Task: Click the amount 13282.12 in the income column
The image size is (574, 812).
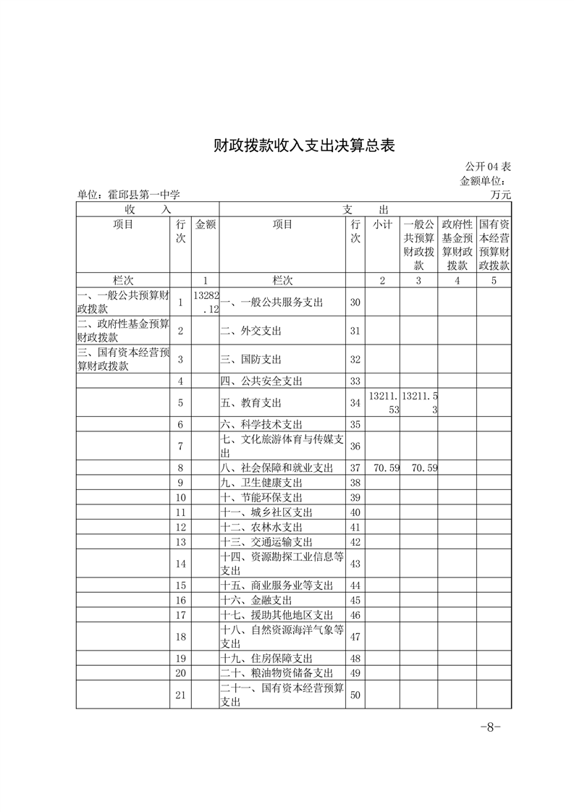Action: click(x=206, y=303)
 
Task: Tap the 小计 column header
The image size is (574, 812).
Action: click(x=383, y=225)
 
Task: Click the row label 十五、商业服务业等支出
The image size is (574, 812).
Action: click(x=277, y=585)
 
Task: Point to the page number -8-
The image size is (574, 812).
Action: click(x=491, y=727)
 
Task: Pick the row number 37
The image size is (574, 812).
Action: click(x=355, y=468)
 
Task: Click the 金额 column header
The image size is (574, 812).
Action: click(x=206, y=225)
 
